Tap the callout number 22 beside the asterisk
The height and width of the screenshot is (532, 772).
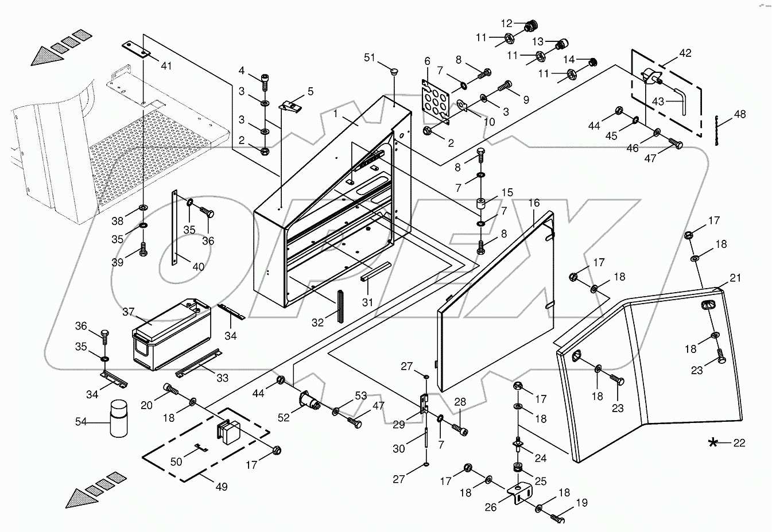pyautogui.click(x=739, y=442)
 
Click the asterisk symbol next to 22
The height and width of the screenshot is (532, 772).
pyautogui.click(x=713, y=442)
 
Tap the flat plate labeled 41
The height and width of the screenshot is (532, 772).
pyautogui.click(x=137, y=51)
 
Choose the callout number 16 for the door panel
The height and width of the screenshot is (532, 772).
pyautogui.click(x=534, y=203)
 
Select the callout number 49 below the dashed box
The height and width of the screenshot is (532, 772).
pyautogui.click(x=221, y=487)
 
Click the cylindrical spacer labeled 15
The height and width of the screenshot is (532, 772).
pyautogui.click(x=481, y=204)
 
